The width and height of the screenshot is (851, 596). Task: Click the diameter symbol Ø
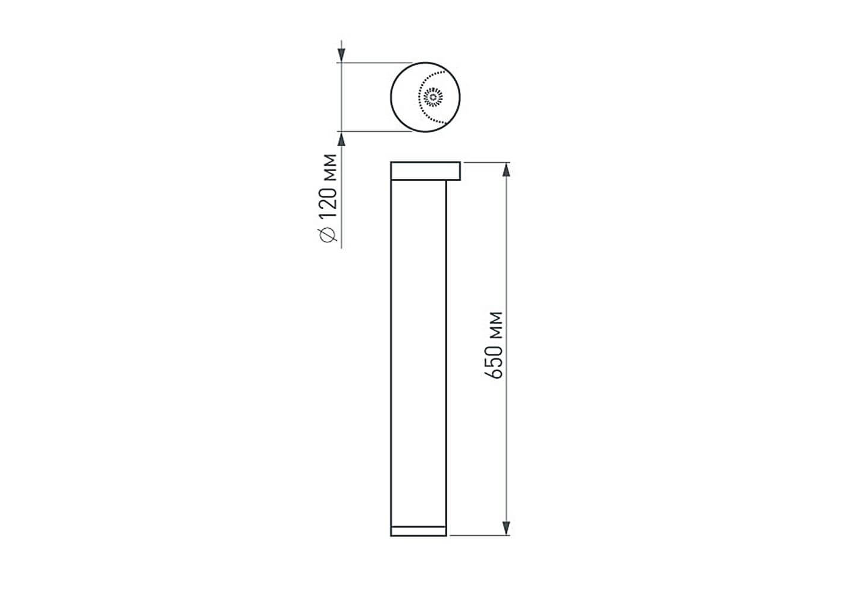click(x=328, y=234)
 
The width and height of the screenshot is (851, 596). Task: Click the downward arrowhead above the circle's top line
click(x=342, y=55)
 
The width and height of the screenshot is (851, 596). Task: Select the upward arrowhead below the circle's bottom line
click(x=342, y=139)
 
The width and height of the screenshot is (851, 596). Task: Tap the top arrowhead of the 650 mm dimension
click(x=506, y=170)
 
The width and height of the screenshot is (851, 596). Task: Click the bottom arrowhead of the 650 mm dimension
click(x=506, y=528)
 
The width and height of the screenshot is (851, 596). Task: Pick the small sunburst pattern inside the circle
click(x=433, y=97)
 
